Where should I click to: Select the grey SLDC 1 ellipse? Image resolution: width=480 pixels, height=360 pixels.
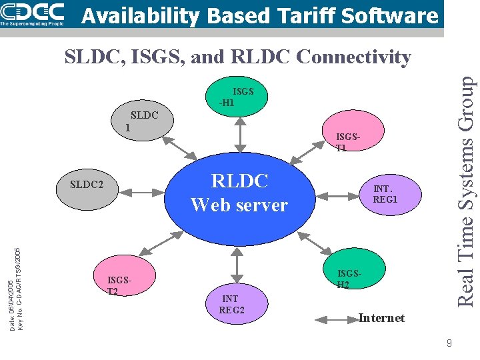[x=142, y=120]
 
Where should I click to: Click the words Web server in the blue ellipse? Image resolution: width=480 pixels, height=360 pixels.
[x=239, y=205]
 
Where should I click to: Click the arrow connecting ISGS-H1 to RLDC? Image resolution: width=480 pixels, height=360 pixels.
[x=239, y=135]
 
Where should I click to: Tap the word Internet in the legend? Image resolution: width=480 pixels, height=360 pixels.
[x=382, y=318]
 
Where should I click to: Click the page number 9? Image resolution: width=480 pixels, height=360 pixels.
[x=449, y=343]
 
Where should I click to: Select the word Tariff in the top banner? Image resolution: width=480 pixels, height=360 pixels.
[x=295, y=15]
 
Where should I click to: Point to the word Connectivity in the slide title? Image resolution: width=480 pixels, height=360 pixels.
[x=353, y=57]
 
